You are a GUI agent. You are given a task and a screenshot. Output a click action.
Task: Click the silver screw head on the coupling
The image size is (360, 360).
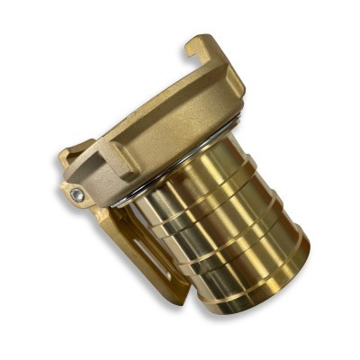click(x=78, y=193)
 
